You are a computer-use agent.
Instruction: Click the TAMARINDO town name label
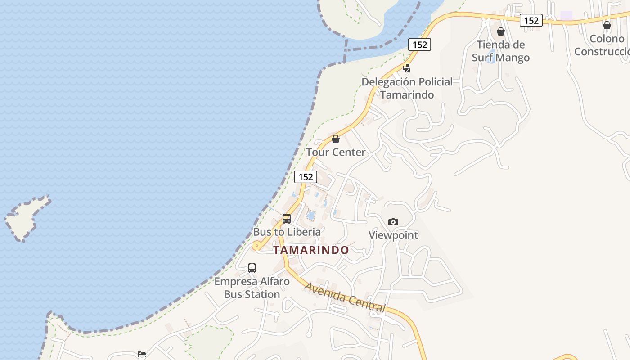tap(311, 250)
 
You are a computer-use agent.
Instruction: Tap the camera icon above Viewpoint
tap(393, 222)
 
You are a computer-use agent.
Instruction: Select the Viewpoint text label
tap(393, 235)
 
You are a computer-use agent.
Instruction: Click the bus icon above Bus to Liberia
tap(287, 219)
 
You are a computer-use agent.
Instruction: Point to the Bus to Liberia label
tap(287, 232)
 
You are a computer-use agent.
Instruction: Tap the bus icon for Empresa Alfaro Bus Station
tap(252, 268)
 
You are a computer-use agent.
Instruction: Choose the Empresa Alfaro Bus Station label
tap(252, 288)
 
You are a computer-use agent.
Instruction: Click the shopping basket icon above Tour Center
tap(335, 139)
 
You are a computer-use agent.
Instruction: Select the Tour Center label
tap(336, 152)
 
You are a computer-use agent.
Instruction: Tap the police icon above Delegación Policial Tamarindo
tap(407, 68)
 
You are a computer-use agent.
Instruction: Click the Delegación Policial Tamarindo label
tap(407, 88)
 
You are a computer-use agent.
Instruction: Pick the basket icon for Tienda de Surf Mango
tap(501, 31)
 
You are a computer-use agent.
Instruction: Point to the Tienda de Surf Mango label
tap(501, 51)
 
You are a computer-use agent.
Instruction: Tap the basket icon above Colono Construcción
tap(607, 25)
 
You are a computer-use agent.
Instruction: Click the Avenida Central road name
tap(345, 297)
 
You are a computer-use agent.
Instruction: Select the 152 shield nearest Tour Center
tap(306, 177)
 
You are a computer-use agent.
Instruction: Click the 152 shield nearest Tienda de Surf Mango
tap(531, 20)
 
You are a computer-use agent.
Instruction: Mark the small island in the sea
tap(27, 218)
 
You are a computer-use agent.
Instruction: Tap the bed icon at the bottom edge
tap(142, 354)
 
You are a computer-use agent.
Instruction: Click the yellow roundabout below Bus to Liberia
tap(256, 245)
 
